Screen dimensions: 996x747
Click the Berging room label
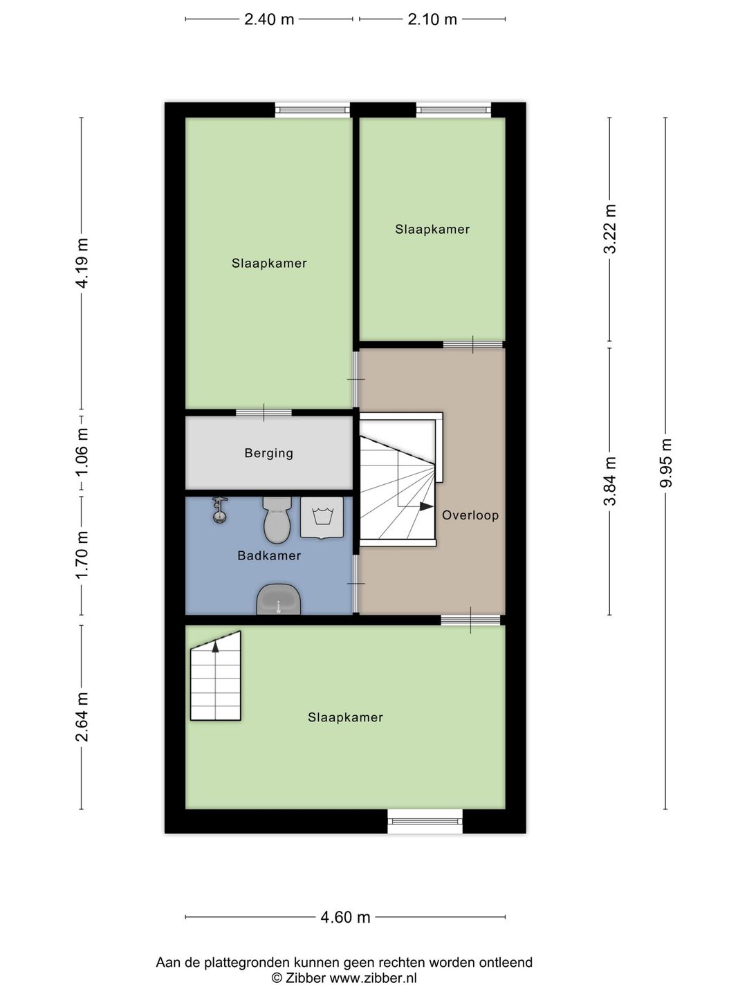(x=268, y=454)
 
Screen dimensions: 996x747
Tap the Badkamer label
(x=269, y=555)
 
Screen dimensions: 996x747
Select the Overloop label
(x=470, y=515)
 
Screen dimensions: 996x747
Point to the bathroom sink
(x=279, y=599)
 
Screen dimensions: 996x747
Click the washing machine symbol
(x=322, y=517)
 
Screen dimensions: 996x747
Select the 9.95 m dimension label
(x=665, y=463)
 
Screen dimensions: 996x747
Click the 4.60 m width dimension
(x=345, y=917)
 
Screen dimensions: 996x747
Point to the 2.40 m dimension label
(x=269, y=19)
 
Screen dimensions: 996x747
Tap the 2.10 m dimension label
(x=432, y=19)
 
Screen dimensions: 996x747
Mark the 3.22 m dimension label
(x=609, y=230)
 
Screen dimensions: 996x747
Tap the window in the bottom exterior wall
(x=425, y=821)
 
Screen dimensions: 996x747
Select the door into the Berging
(x=264, y=413)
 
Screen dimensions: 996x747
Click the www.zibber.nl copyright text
(x=344, y=978)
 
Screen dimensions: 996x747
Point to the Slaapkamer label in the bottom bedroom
(x=345, y=718)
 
